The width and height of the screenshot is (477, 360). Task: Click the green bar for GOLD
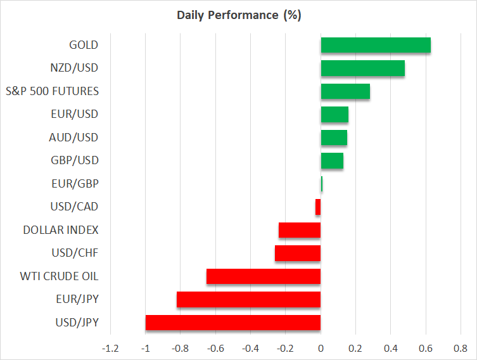point(376,46)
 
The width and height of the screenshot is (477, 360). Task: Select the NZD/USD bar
point(362,68)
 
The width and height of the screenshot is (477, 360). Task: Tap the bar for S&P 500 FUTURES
point(345,91)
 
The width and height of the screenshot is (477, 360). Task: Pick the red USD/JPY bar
point(233,323)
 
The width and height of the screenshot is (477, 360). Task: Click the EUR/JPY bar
point(248,299)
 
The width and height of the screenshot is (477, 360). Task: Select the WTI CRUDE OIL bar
point(264,276)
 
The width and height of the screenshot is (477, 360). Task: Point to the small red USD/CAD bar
point(318,207)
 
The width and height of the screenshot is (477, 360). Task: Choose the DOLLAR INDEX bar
point(300,230)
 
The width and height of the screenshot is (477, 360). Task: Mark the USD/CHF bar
point(298,254)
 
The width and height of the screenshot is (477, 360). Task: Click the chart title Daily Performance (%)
point(238,15)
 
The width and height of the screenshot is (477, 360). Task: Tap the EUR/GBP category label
point(75,184)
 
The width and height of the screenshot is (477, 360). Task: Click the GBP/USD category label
point(74,160)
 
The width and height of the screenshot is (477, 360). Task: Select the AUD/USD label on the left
point(74,138)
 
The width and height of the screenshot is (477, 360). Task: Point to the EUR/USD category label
point(74,114)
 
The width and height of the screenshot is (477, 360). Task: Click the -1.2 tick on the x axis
point(110,348)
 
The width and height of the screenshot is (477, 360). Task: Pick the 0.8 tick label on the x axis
point(461,348)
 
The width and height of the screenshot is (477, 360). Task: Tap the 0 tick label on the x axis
point(321,348)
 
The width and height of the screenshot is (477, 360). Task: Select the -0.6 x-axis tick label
point(215,348)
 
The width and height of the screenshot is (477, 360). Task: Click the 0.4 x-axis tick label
point(391,348)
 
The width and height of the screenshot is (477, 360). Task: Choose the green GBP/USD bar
point(332,161)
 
